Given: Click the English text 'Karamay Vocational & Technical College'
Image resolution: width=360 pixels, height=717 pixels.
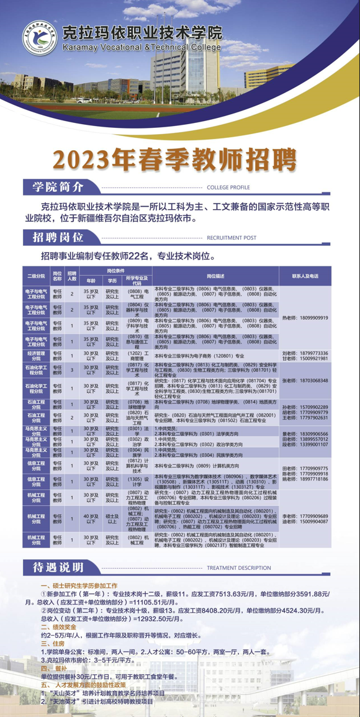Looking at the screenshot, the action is (151, 47).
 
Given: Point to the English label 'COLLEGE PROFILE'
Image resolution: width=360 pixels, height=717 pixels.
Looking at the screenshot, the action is (228, 187).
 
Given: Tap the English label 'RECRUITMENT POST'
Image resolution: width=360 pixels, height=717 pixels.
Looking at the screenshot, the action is (231, 238).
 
